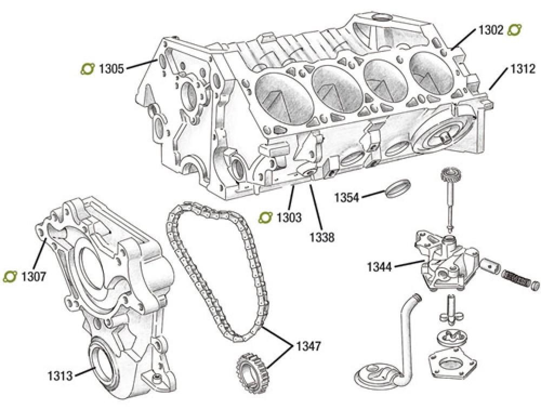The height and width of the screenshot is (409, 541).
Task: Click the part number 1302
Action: (x=491, y=30)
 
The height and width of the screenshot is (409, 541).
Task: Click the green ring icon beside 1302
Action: (x=514, y=30)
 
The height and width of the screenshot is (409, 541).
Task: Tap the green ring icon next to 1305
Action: (x=87, y=69)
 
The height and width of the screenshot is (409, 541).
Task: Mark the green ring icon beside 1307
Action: (x=10, y=277)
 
